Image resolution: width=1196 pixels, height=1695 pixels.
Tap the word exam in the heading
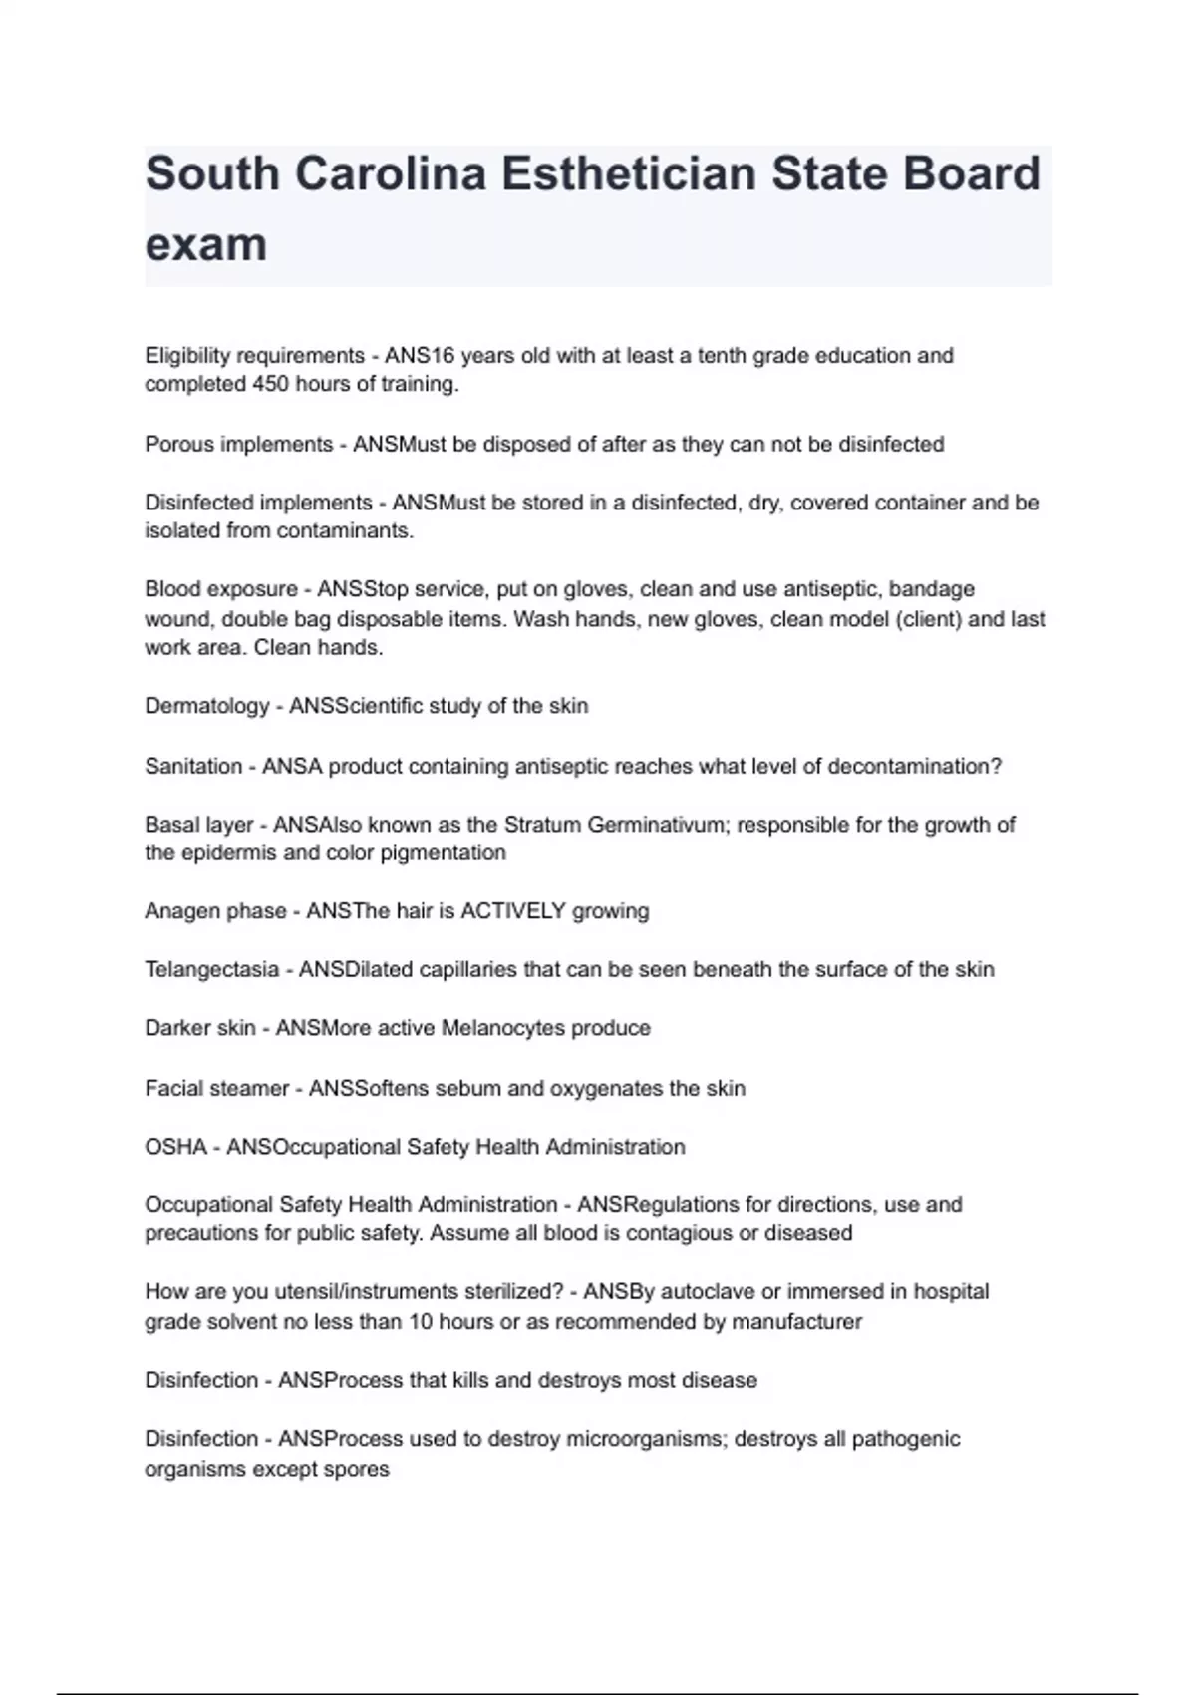[206, 244]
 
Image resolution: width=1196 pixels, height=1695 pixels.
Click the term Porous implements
[238, 445]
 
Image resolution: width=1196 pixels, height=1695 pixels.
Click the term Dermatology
[206, 707]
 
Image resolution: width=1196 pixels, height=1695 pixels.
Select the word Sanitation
[193, 767]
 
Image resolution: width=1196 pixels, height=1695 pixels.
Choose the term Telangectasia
[211, 970]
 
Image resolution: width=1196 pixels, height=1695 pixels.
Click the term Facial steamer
[216, 1089]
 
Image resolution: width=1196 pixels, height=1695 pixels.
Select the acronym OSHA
[175, 1148]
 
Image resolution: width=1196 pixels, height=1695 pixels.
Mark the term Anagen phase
[213, 911]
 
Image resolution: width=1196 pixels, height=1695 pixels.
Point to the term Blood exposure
[221, 589]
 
